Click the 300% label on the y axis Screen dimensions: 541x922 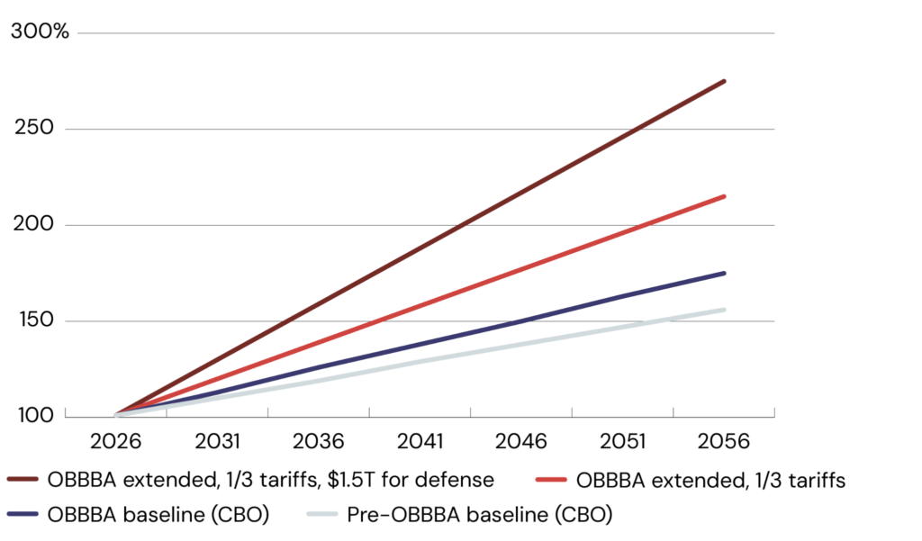coord(39,32)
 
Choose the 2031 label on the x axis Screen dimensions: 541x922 coord(218,443)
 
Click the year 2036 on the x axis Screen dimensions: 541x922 coord(320,443)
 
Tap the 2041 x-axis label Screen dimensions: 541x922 coord(420,443)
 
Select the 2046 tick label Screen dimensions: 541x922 coord(522,443)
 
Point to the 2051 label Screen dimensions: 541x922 coord(624,443)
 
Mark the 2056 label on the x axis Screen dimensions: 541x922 coord(726,443)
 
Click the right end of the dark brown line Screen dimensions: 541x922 coord(725,82)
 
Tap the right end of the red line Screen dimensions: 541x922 coord(725,196)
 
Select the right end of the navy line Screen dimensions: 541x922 coord(725,274)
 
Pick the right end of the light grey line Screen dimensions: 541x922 coord(725,310)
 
